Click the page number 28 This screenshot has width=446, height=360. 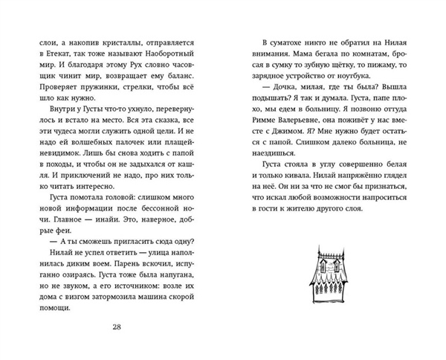tap(118, 329)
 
